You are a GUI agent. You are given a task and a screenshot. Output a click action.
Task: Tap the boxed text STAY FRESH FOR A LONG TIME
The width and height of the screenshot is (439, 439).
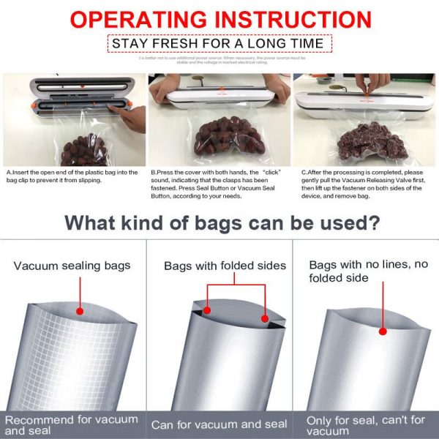click(217, 43)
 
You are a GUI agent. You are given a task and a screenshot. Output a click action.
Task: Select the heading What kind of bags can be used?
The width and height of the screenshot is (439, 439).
click(219, 222)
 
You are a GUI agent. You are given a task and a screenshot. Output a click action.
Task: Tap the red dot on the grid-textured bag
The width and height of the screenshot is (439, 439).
click(79, 311)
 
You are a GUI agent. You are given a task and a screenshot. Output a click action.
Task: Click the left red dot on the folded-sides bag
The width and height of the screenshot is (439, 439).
click(207, 310)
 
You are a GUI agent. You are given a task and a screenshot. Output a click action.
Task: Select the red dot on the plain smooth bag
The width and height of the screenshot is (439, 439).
click(382, 331)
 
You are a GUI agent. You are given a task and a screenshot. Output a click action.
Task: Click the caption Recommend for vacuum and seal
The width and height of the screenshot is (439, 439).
click(71, 424)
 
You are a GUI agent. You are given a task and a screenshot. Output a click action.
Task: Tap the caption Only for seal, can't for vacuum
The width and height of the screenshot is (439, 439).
click(366, 424)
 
